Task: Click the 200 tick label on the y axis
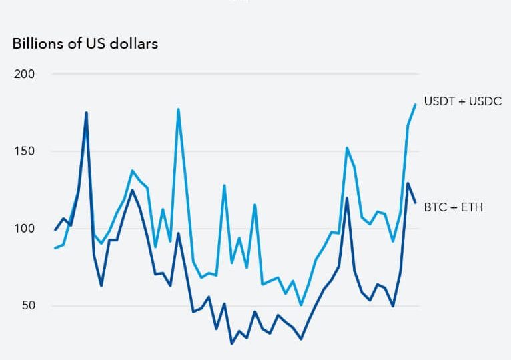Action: [x=24, y=74]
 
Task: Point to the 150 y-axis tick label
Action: [x=24, y=151]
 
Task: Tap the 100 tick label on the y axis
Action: [x=24, y=229]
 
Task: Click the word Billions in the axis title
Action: [x=33, y=44]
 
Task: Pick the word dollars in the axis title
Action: [x=136, y=44]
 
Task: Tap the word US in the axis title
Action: [x=95, y=44]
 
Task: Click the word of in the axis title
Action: [x=70, y=44]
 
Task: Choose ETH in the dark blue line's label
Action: [x=472, y=207]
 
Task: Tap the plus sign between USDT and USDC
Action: [x=461, y=101]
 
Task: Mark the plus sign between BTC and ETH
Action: [x=454, y=207]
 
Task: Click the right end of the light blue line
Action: [x=415, y=105]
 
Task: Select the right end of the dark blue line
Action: [x=415, y=203]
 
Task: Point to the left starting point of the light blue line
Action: [x=55, y=248]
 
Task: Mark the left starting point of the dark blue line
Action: [x=55, y=230]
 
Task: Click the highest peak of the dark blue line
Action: [x=86, y=113]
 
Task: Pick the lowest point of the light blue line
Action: [x=301, y=305]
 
